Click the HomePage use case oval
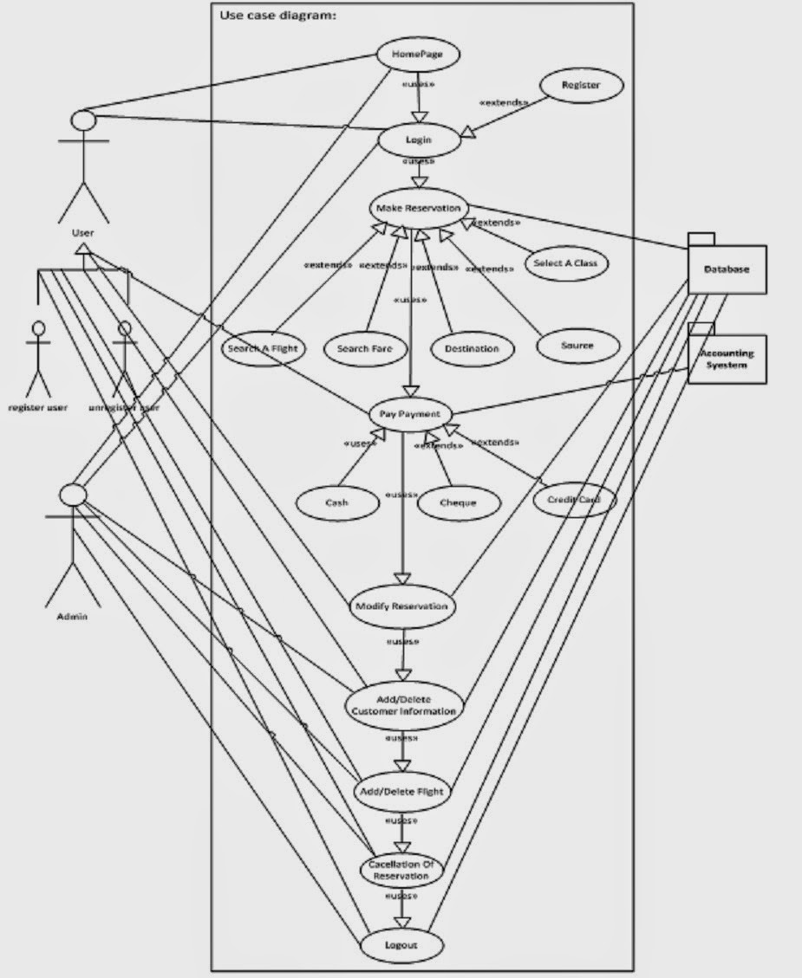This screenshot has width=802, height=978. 418,55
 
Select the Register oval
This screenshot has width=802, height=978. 581,86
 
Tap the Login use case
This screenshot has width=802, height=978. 418,139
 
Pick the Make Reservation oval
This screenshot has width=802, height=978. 420,209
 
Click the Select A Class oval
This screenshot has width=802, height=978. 566,263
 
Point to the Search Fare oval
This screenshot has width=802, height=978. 365,348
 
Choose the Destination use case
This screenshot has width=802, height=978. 472,348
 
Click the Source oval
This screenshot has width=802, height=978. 577,346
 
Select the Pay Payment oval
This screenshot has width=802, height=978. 411,414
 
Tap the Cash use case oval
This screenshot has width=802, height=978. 337,502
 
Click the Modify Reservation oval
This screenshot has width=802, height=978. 401,606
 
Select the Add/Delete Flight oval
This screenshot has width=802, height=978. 401,791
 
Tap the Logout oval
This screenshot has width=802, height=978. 401,945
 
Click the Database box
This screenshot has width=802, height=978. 727,269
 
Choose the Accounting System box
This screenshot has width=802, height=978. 727,359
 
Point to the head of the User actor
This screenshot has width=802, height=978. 82,120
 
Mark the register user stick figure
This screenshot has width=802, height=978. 37,359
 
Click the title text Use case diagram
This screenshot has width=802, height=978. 277,15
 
